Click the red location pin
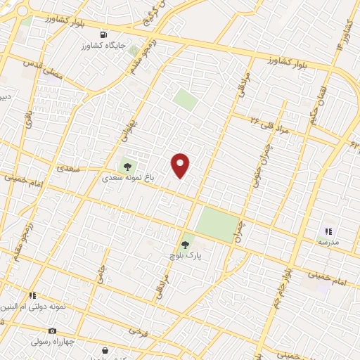point(181,165)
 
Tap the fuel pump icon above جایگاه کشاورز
point(104,34)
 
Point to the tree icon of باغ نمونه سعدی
point(127,167)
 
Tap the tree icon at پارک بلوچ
point(185,245)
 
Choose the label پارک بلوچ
point(185,257)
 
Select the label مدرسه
point(328,242)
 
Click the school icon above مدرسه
point(328,231)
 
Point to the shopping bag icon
point(105,350)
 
